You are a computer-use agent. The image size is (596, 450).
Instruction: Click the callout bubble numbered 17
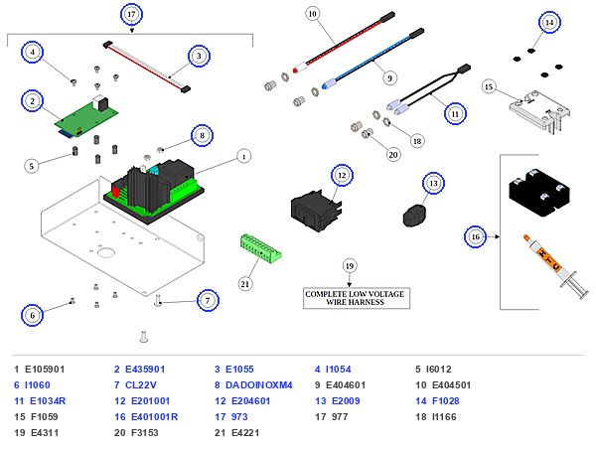click(131, 15)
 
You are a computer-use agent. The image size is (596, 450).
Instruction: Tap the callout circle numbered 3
click(199, 56)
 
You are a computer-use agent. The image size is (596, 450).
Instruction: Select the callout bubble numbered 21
click(245, 284)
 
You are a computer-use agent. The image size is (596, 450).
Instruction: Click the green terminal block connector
click(260, 248)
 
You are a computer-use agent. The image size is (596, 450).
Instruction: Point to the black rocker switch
click(316, 211)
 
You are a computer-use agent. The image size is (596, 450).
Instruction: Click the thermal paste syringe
click(556, 266)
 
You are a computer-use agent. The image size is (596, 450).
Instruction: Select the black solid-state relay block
click(539, 192)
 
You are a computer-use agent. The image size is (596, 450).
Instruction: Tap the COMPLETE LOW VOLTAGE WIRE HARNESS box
click(357, 298)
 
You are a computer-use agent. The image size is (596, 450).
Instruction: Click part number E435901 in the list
click(145, 370)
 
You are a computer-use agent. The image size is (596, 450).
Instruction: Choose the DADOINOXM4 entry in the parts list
click(259, 385)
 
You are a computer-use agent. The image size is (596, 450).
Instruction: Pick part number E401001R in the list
click(154, 417)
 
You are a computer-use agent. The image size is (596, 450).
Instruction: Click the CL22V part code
click(141, 385)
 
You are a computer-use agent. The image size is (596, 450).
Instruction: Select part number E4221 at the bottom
click(245, 433)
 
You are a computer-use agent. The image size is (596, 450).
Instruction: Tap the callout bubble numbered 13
click(433, 183)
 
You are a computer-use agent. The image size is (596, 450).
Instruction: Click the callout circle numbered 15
click(489, 87)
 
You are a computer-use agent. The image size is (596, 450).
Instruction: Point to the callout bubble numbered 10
click(312, 14)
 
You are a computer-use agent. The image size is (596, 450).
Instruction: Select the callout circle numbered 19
click(350, 266)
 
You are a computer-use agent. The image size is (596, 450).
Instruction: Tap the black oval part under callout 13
click(414, 216)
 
